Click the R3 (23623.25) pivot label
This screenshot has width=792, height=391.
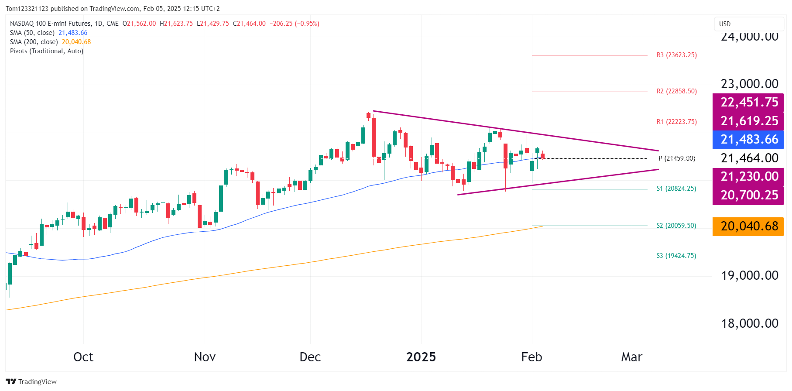pyautogui.click(x=676, y=55)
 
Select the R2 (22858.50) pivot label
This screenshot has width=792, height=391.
pyautogui.click(x=676, y=91)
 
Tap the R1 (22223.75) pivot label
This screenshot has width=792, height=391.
pyautogui.click(x=676, y=122)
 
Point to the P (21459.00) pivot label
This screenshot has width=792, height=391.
pyautogui.click(x=676, y=158)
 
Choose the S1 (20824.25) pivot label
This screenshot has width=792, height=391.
pyautogui.click(x=676, y=189)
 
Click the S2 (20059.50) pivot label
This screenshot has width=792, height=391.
pyautogui.click(x=676, y=226)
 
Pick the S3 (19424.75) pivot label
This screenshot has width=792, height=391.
pyautogui.click(x=676, y=256)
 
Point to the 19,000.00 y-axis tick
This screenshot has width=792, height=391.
pyautogui.click(x=749, y=275)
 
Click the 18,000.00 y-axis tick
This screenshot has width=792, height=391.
pyautogui.click(x=749, y=323)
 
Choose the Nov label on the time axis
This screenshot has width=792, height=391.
pyautogui.click(x=205, y=357)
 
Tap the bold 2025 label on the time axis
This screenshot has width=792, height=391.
pyautogui.click(x=421, y=357)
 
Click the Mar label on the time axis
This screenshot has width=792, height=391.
pyautogui.click(x=631, y=357)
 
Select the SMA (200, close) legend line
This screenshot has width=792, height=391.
pyautogui.click(x=50, y=42)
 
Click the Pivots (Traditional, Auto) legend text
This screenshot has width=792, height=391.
pyautogui.click(x=47, y=51)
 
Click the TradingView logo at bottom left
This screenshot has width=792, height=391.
pyautogui.click(x=31, y=381)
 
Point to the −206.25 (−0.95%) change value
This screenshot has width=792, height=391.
pyautogui.click(x=294, y=24)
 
